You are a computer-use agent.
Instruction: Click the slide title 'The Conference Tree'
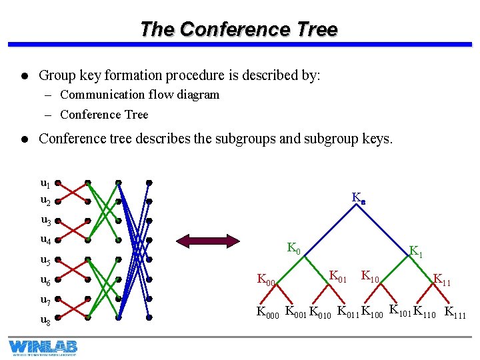pos(239,29)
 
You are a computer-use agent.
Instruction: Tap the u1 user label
pos(45,183)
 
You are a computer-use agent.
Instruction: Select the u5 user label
pos(45,261)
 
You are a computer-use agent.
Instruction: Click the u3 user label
pos(45,221)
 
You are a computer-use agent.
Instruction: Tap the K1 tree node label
pos(416,252)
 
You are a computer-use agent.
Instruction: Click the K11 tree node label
pos(442,279)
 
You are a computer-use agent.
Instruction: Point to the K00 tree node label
pos(267,281)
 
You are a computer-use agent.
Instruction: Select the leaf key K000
pos(269,312)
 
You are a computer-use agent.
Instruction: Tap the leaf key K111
pos(456,313)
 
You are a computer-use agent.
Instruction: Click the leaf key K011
pos(348,311)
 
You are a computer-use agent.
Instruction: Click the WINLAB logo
pos(43,347)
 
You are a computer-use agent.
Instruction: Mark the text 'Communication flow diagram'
pos(139,95)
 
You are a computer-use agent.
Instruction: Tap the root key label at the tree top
pos(359,198)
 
